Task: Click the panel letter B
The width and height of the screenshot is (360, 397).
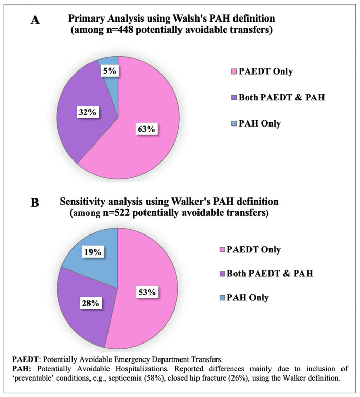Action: [x=34, y=203]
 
